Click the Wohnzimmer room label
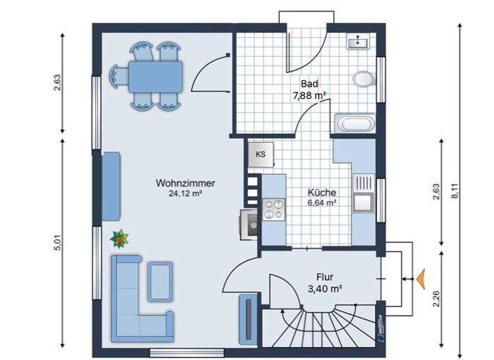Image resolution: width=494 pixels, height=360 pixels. (185, 183)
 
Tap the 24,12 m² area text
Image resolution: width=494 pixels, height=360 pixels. (185, 193)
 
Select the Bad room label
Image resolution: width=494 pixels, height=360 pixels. (309, 84)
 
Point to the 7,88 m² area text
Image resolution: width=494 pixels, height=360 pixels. (309, 95)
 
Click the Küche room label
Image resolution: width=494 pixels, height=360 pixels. (322, 192)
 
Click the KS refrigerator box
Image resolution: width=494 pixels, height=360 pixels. (261, 154)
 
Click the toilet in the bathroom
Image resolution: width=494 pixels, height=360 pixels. (363, 80)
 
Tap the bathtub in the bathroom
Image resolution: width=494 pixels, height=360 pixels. (354, 123)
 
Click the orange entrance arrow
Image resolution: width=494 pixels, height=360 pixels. (420, 279)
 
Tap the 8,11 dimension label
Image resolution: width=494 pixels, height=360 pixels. (455, 191)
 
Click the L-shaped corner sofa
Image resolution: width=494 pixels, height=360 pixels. (129, 296)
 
